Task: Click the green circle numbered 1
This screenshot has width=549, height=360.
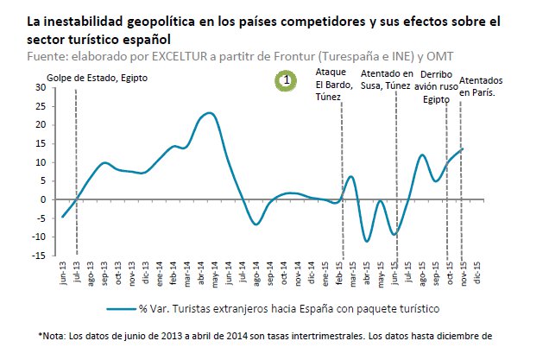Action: coord(286,81)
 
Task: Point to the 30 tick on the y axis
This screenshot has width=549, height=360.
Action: coord(40,87)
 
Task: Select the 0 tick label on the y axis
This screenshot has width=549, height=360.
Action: coord(42,199)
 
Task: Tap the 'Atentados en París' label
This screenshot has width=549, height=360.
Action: coord(482,86)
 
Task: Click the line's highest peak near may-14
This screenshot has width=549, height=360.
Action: coord(210,113)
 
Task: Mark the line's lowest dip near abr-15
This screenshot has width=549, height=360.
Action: coord(366,241)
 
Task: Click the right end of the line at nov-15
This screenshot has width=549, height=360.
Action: coord(463,148)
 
